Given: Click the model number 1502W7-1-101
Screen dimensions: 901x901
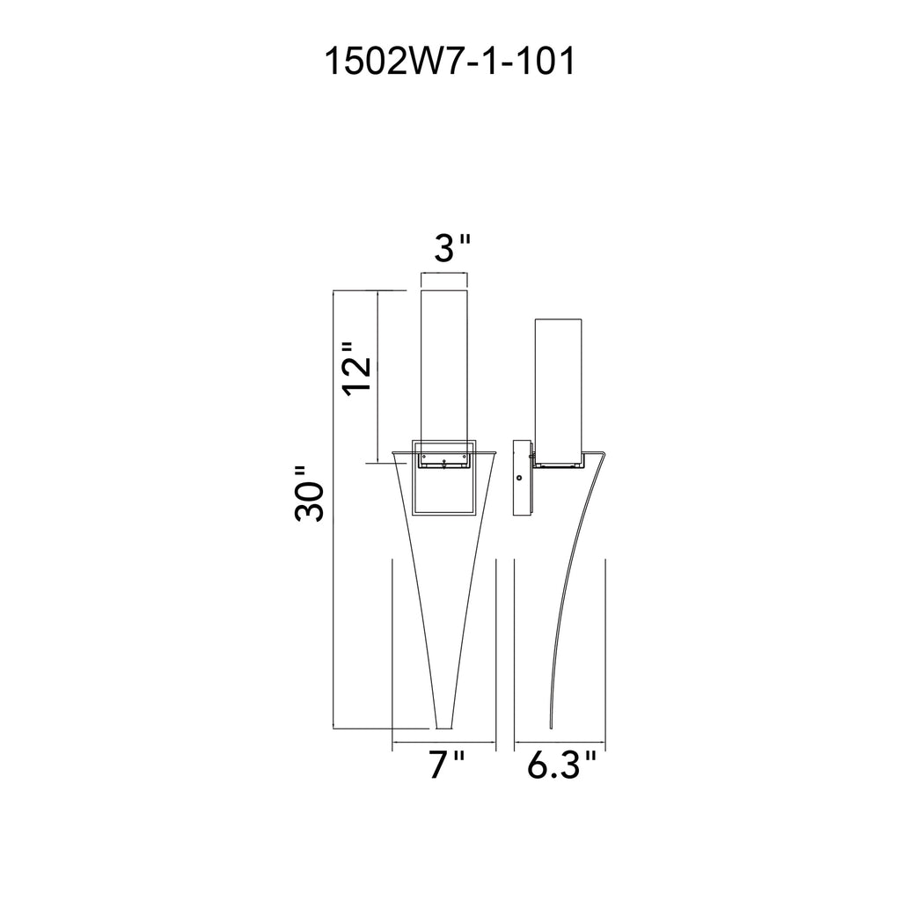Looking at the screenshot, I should (x=450, y=63).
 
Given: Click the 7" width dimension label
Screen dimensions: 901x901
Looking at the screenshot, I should (x=446, y=766).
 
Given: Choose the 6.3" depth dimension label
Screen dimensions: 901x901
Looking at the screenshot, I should (x=562, y=766).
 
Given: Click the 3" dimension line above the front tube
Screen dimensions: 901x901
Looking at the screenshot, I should (x=444, y=275).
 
